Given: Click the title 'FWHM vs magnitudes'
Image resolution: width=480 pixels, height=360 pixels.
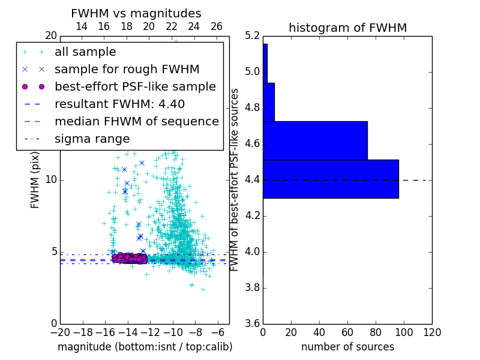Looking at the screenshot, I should pos(136,13).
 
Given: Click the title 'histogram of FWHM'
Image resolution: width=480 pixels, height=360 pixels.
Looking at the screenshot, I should pos(347,28).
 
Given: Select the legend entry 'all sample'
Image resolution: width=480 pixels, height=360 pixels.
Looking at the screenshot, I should pos(85,52).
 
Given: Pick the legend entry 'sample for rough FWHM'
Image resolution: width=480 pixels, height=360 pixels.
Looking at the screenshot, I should pos(127,70).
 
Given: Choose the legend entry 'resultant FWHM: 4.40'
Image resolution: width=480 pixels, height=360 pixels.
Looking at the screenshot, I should pos(119,104).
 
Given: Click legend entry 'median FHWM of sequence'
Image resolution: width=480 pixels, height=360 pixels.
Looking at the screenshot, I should pos(136,122).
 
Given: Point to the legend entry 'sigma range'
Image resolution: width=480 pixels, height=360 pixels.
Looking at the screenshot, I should pos(92,139).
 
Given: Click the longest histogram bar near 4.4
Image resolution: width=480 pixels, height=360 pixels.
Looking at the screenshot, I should pos(331,179).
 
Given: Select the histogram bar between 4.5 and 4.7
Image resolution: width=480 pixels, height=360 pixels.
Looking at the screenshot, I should pos(315,140).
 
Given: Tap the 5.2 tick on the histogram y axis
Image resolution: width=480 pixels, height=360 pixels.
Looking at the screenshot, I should pos(253,36).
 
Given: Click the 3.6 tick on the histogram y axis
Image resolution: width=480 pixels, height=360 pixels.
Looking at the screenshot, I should pos(253,323).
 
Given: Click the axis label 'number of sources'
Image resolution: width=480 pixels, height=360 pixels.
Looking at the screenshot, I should pos(347,347).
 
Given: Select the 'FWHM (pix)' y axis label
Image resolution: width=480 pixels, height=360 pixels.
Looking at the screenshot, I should pos(35,179).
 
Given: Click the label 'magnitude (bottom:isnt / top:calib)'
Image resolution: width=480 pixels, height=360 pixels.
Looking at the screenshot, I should pos(145,347).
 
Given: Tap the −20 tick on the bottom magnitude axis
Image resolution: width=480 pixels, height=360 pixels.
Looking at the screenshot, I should pos(60,332).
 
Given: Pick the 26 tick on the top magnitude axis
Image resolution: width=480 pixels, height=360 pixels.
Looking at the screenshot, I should pos(217,26).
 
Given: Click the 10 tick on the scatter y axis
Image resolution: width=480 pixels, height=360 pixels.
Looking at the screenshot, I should pos(51,180).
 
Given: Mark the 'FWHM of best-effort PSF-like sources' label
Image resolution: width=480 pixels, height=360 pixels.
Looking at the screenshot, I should pos(235,179).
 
